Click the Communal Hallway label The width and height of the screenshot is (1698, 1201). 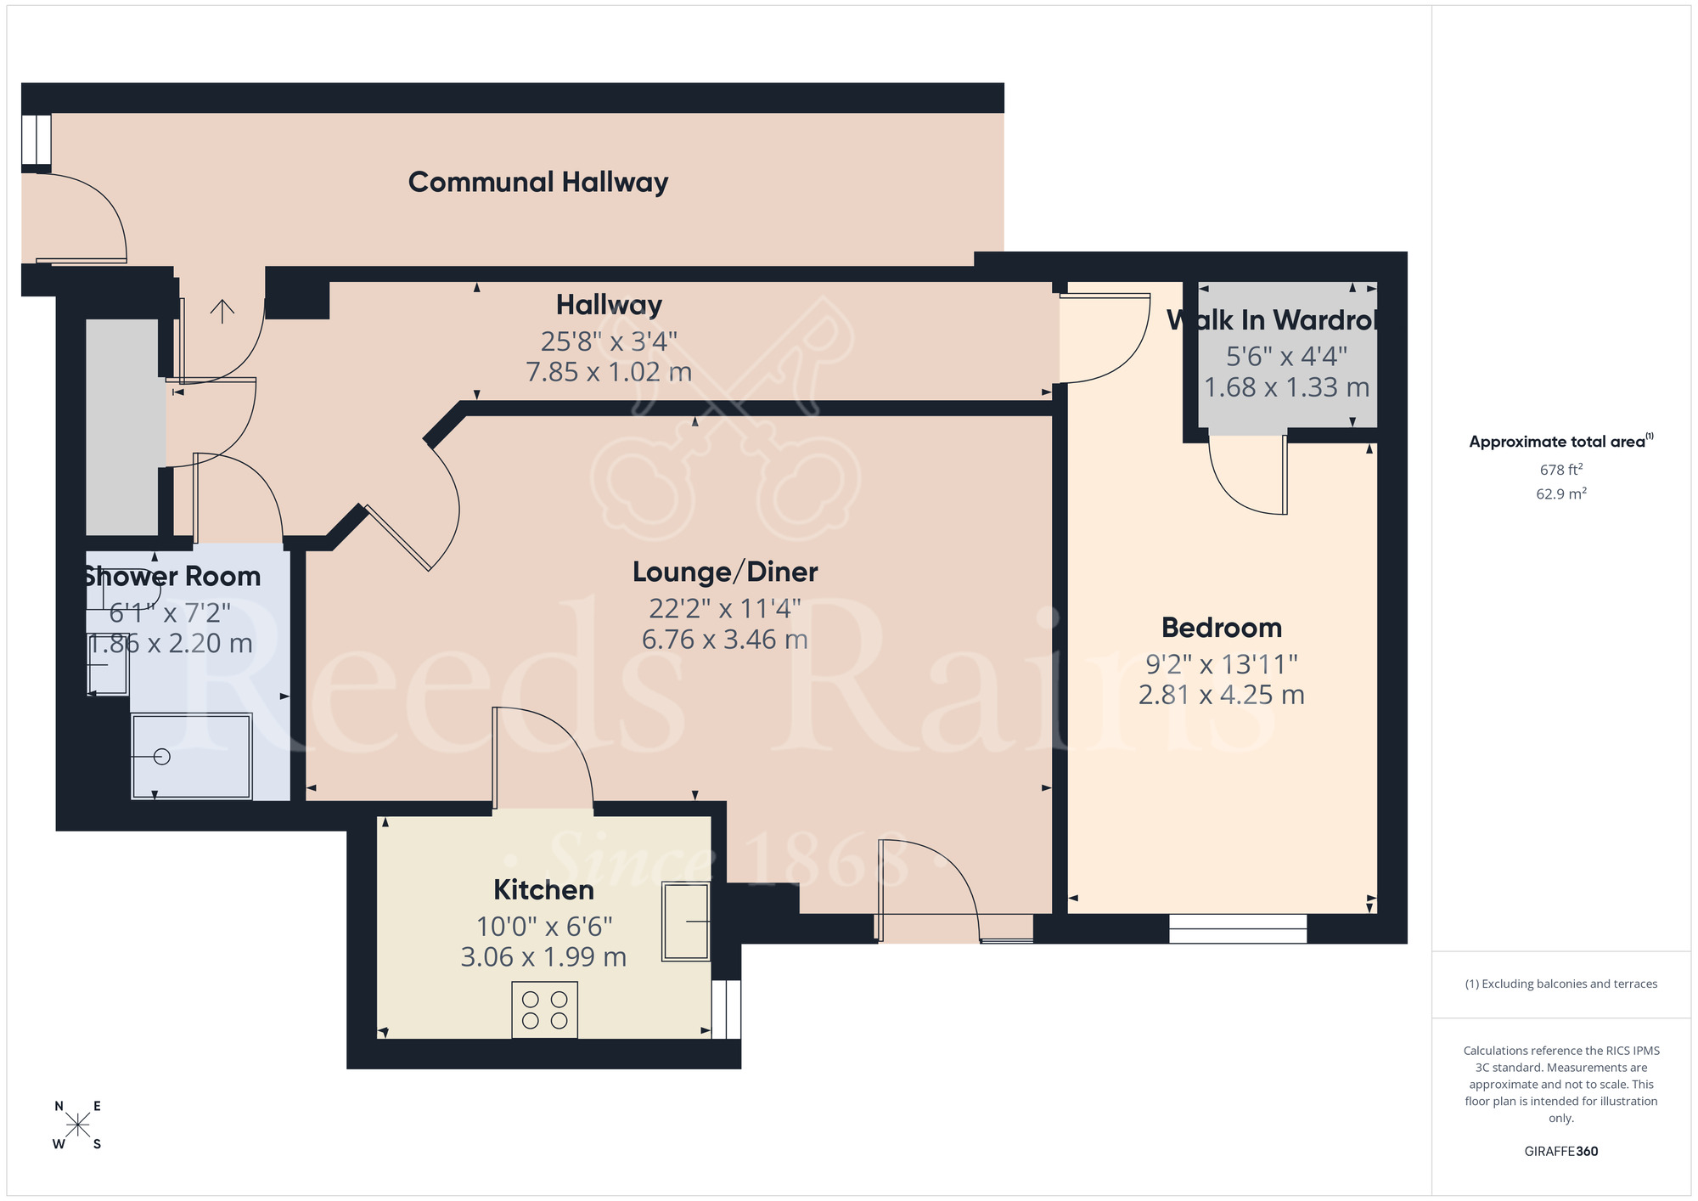tap(537, 182)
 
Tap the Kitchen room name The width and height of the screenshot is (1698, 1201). tap(543, 889)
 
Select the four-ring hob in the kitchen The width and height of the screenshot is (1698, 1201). tap(544, 1010)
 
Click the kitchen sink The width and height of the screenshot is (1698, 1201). tap(685, 922)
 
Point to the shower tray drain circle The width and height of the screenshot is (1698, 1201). tap(162, 756)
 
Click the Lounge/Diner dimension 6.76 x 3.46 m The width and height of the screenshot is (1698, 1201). tap(724, 639)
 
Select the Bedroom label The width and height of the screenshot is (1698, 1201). tap(1221, 628)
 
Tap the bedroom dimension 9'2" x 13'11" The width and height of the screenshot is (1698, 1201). tap(1221, 663)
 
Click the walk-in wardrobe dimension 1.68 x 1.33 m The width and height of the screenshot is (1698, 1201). tap(1286, 387)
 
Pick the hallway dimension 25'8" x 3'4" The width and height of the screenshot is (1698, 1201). tap(609, 341)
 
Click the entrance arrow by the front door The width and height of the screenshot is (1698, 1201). tap(222, 311)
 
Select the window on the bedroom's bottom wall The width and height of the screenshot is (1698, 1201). tap(1237, 928)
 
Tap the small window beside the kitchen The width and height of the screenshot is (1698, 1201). tap(726, 1009)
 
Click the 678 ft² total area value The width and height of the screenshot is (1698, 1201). tap(1560, 470)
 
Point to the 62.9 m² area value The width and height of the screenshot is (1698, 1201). tap(1560, 493)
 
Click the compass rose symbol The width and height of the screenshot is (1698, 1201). tap(77, 1125)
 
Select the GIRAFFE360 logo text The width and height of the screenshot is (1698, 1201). tap(1560, 1151)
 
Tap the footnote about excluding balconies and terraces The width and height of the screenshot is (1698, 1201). tap(1560, 984)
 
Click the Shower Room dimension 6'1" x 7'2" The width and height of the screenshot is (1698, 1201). tap(170, 612)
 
